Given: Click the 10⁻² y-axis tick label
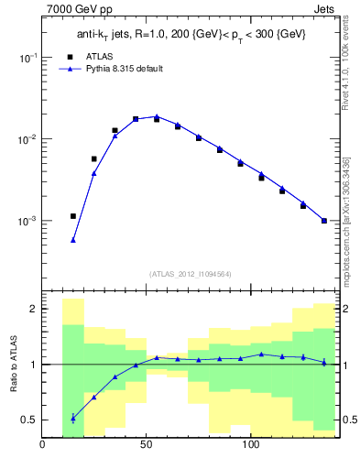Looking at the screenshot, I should click(27, 139).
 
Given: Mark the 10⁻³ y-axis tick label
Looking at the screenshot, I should click(27, 222).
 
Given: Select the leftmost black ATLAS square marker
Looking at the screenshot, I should click(73, 216).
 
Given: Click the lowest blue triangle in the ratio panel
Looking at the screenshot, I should click(73, 418).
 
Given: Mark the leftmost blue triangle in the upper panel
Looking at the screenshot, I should click(73, 240).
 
